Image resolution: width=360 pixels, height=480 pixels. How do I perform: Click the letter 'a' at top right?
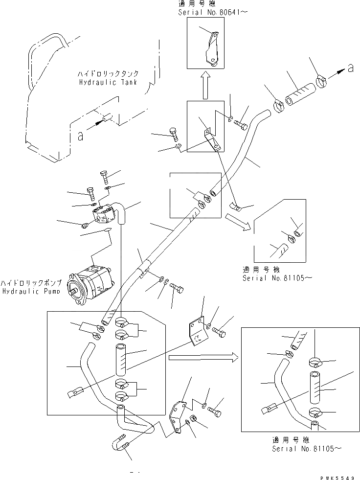click(x=350, y=69)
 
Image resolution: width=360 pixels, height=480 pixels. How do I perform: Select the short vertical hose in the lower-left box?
click(x=122, y=360)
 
